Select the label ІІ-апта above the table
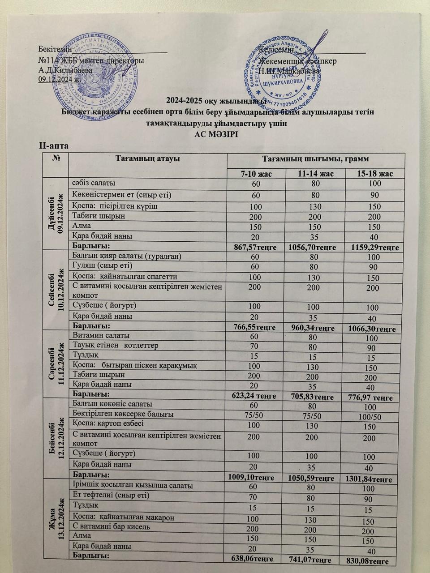(54, 145)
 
